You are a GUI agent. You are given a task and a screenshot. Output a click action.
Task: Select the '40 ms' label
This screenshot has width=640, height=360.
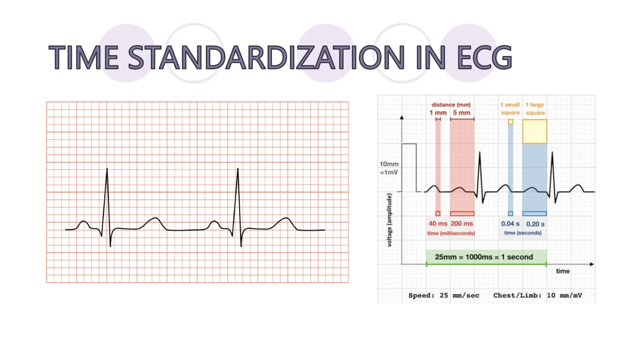point(437,224)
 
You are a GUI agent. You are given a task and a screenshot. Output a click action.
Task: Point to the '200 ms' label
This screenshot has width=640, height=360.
point(462,224)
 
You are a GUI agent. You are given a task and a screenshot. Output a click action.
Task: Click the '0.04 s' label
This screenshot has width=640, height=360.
point(510,224)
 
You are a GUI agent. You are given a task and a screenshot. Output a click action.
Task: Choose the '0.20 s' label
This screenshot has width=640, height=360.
point(535,224)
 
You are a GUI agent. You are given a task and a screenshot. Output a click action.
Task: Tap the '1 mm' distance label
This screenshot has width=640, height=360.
point(438,113)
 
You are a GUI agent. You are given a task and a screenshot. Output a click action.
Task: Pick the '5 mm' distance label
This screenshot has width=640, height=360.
point(462,113)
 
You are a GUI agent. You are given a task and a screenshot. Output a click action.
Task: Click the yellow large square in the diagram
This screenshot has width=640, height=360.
point(534,132)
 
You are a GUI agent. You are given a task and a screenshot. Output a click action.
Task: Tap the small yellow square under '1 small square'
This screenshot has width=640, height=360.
point(510,122)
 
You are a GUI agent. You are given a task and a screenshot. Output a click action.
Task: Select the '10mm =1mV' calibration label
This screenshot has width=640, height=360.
point(389,168)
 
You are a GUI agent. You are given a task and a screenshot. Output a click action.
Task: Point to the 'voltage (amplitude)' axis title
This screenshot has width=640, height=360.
point(389,220)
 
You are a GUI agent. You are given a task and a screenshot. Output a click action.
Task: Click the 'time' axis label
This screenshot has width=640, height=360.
point(562,271)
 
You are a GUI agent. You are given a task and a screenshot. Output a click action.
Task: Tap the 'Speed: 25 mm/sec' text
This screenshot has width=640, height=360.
point(443,295)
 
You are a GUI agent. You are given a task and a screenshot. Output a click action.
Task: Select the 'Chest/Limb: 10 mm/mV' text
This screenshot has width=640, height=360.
point(537,295)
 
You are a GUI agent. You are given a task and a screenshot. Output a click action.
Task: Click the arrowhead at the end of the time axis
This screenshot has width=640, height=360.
point(592,264)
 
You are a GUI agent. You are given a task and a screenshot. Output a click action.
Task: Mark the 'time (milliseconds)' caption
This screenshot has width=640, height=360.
point(451,233)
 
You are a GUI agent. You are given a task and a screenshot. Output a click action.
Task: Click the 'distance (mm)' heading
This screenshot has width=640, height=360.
point(451,105)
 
